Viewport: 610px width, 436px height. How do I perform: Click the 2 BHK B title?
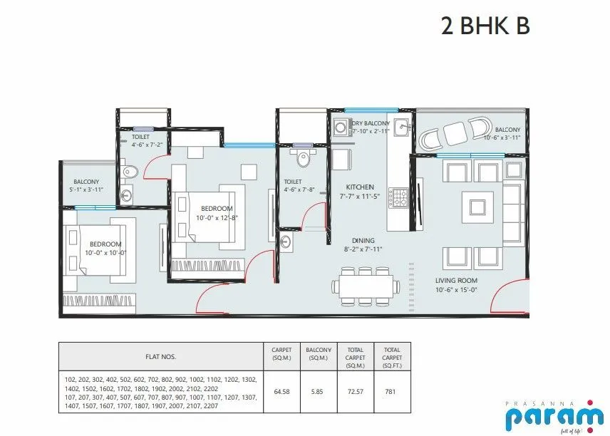click(485, 26)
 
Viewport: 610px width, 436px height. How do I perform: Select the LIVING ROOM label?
click(456, 280)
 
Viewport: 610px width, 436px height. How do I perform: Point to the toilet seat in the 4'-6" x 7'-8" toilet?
click(304, 159)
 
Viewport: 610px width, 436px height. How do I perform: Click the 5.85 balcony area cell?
click(318, 390)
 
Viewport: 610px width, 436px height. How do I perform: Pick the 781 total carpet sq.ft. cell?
click(392, 390)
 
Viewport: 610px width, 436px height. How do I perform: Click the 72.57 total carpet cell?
click(356, 390)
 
